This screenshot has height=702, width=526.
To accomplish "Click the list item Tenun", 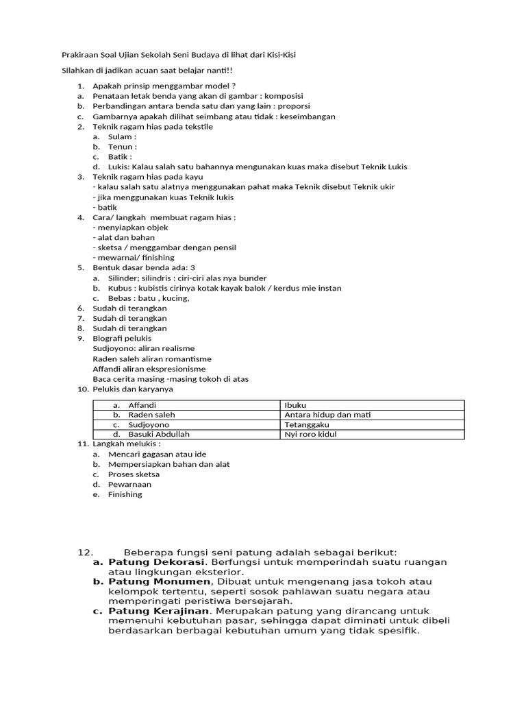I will tap(122, 147).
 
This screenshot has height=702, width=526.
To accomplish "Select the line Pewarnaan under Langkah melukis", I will tap(129, 484).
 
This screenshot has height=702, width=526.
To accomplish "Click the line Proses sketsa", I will tap(134, 474).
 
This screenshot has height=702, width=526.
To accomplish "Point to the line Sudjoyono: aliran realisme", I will tap(144, 348).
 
